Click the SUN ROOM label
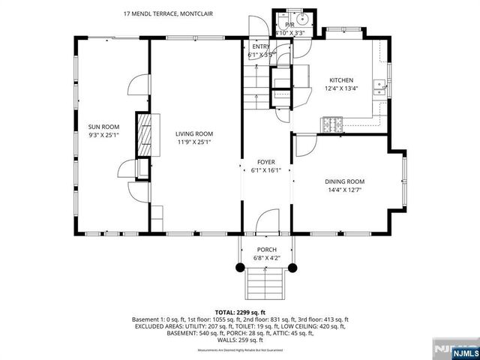pos(103,127)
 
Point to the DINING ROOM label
pos(344,181)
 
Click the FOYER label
pos(265,162)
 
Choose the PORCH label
pos(266,250)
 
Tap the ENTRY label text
pos(260,46)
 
